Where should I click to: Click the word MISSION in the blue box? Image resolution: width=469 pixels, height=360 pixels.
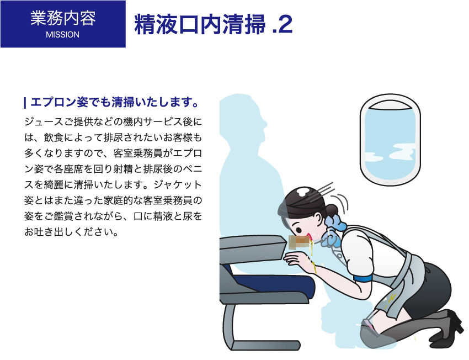(x=63, y=35)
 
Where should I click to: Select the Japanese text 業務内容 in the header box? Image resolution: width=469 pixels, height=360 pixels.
(x=63, y=18)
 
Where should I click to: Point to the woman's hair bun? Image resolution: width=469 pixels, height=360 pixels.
(x=331, y=210)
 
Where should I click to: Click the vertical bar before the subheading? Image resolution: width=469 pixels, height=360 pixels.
(x=25, y=103)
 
